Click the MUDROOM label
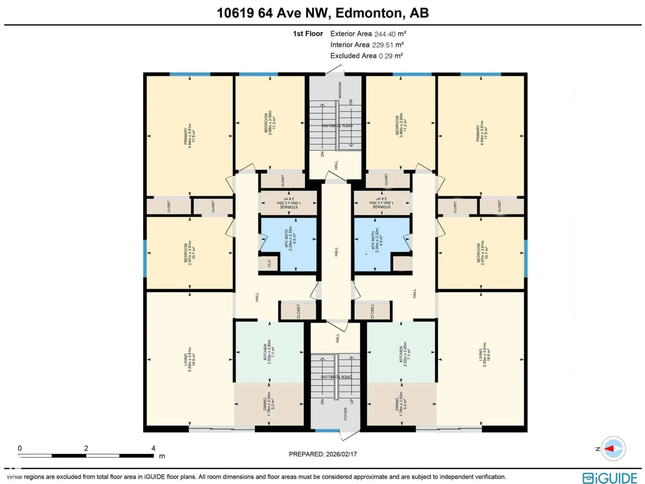(x=340, y=90)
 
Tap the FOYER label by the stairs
(x=346, y=414)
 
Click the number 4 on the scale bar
(x=153, y=448)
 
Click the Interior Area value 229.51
(x=383, y=45)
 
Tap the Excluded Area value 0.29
(x=385, y=56)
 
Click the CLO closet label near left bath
(x=269, y=264)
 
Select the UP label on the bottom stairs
(x=352, y=401)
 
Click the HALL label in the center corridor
(x=336, y=251)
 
